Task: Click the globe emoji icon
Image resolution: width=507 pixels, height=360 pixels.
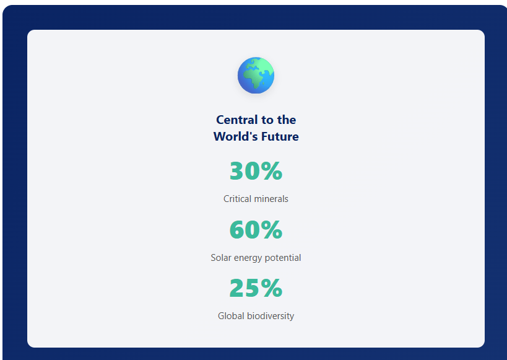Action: click(x=256, y=76)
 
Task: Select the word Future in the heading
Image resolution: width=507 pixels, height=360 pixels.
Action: click(x=280, y=136)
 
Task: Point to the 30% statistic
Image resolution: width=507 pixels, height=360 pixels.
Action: click(x=256, y=171)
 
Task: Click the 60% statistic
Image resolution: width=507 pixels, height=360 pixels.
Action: click(x=256, y=230)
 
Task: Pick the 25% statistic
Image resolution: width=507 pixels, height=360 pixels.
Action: click(x=256, y=288)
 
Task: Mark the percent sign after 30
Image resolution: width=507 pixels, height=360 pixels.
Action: click(x=272, y=171)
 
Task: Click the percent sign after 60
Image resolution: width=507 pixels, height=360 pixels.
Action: click(x=272, y=230)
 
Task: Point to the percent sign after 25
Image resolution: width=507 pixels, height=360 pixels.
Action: click(x=272, y=288)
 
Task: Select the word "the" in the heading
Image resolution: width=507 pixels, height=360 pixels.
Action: click(x=287, y=120)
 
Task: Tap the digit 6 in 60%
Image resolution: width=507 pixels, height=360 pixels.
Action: click(x=236, y=230)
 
